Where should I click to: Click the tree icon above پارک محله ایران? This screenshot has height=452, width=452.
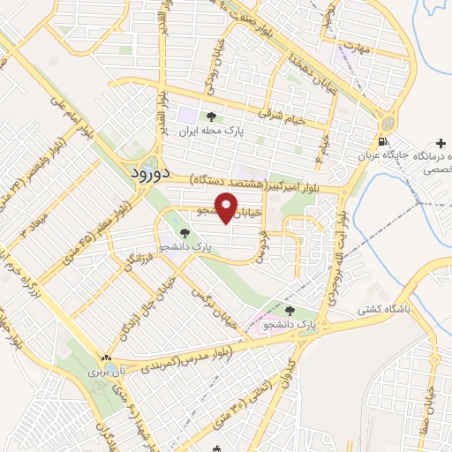[x=210, y=117]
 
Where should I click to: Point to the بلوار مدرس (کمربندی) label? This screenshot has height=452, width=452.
[x=177, y=358]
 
